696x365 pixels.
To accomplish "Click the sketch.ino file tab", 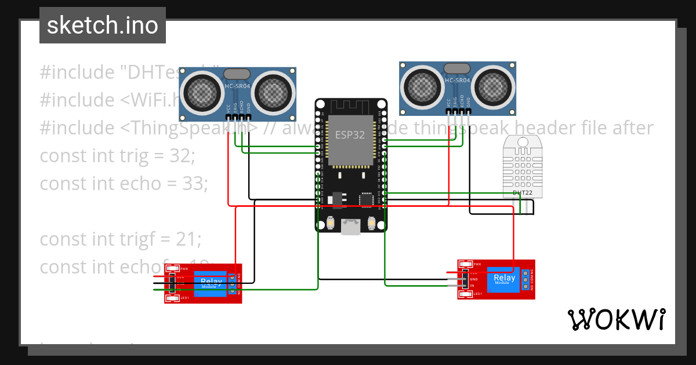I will click(x=102, y=25).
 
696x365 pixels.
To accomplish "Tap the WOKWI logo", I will click(x=616, y=319).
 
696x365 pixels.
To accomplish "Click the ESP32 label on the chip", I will click(x=350, y=135).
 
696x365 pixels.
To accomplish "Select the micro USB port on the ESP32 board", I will click(x=350, y=227).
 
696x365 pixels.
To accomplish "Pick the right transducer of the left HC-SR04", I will click(x=273, y=92).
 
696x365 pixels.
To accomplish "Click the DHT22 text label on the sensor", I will click(x=522, y=192).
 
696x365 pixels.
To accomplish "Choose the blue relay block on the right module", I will click(x=503, y=280).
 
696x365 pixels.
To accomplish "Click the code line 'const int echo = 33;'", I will click(x=124, y=183).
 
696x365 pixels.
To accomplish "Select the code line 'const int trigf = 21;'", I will click(x=121, y=239).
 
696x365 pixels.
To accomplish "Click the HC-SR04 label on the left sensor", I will click(x=237, y=87).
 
